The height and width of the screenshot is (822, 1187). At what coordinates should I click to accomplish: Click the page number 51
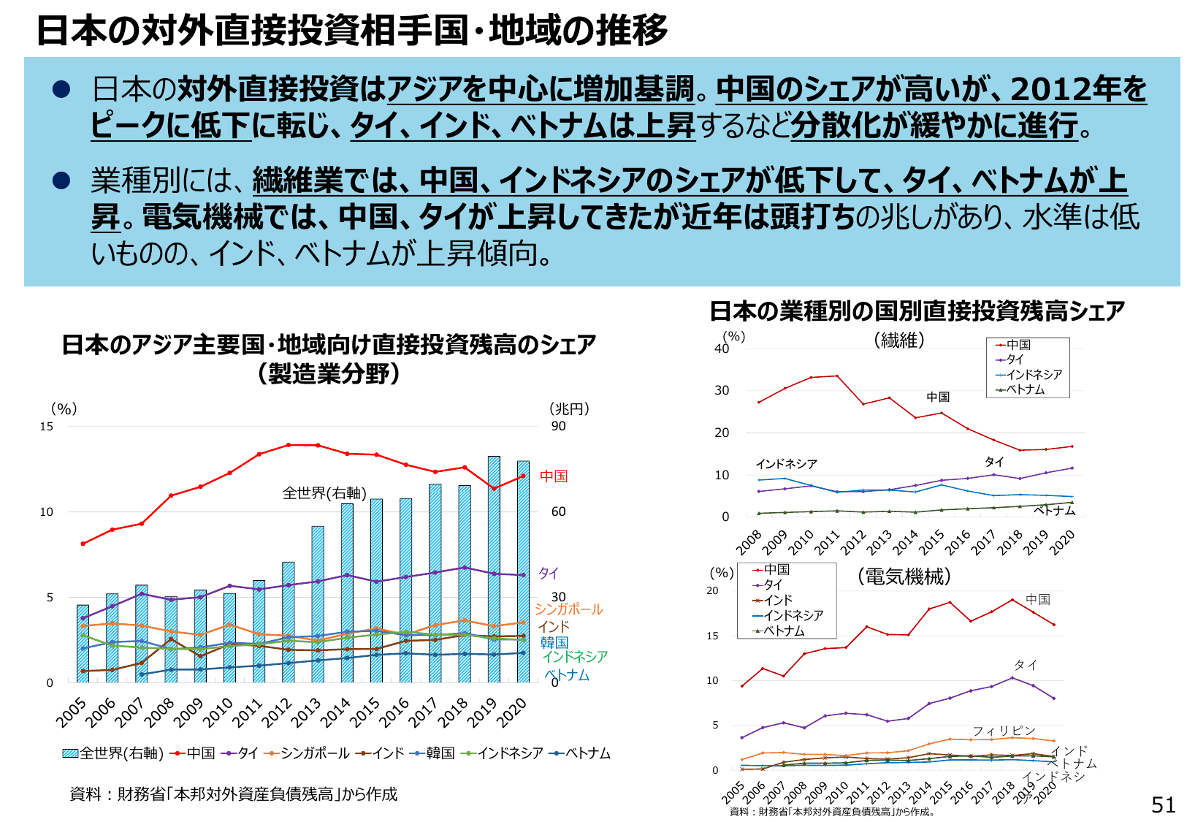[x=1163, y=804]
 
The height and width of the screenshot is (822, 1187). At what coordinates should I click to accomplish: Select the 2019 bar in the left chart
[x=494, y=570]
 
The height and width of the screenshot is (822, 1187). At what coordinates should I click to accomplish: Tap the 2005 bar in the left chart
[x=83, y=643]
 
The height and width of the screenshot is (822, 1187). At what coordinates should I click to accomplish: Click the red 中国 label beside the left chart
[x=554, y=476]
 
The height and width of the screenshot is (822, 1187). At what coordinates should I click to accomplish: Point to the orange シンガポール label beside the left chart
[x=568, y=609]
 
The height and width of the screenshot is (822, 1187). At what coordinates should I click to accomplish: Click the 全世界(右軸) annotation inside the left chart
[x=324, y=493]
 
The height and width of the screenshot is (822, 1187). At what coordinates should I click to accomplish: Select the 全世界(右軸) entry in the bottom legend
[x=113, y=753]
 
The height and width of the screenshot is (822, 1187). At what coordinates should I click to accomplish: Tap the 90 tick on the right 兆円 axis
[x=558, y=426]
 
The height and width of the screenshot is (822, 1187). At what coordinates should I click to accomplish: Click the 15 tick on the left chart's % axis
[x=47, y=426]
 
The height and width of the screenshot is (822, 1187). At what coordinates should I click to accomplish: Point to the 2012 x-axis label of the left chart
[x=278, y=712]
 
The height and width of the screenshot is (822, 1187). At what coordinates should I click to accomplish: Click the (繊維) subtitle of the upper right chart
[x=899, y=340]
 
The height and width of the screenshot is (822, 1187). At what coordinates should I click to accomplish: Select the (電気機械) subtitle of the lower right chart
[x=904, y=576]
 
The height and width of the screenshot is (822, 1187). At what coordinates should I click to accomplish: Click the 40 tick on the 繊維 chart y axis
[x=722, y=349]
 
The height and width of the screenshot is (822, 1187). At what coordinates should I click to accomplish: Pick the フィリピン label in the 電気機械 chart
[x=1004, y=731]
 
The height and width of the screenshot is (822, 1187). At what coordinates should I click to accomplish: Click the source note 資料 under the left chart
[x=234, y=794]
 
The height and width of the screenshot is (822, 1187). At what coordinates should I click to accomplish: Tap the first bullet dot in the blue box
[x=61, y=89]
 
